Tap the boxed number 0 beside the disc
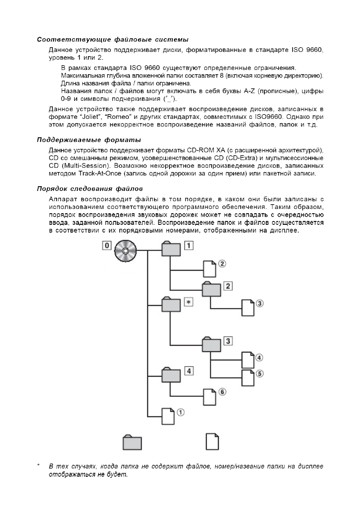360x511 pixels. (107, 246)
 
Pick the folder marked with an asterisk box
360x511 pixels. (170, 305)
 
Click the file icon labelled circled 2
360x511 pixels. (209, 268)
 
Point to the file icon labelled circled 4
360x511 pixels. (248, 360)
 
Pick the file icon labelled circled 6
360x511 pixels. (209, 396)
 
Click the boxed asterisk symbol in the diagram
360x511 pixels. (188, 302)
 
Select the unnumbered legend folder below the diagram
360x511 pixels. (132, 442)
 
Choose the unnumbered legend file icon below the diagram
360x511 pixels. (212, 441)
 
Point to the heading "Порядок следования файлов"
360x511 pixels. (90, 188)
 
